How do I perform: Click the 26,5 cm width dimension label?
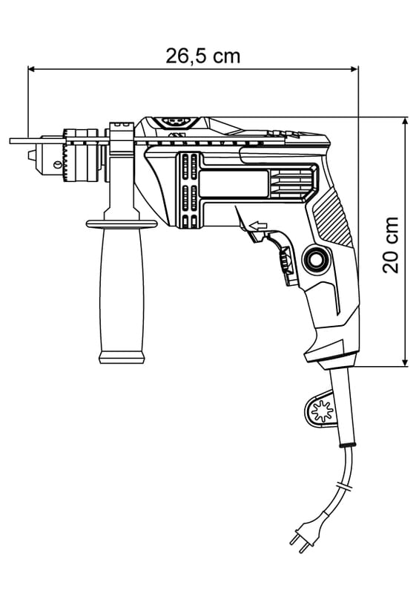click(x=203, y=56)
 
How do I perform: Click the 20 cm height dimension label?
click(x=391, y=245)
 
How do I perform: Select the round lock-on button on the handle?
click(x=315, y=258)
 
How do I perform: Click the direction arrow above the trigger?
click(x=260, y=226)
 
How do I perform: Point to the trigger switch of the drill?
click(x=281, y=258)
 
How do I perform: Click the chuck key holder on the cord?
click(x=320, y=410)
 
